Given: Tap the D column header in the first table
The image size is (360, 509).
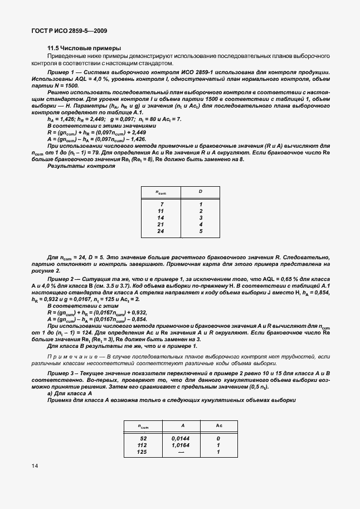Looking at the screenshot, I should click(201, 192).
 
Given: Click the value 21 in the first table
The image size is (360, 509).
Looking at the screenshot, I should click(161, 224).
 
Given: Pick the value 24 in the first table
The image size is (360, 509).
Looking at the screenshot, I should click(161, 230).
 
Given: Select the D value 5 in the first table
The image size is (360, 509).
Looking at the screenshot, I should click(201, 230).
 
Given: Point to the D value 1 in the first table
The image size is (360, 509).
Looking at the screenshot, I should click(201, 205).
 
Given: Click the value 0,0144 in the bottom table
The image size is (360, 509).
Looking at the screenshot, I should click(181, 439).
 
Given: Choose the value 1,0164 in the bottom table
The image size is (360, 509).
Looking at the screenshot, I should click(181, 445).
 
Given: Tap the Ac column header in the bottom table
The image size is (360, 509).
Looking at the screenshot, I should click(219, 426).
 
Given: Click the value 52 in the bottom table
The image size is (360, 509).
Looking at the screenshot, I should click(143, 439).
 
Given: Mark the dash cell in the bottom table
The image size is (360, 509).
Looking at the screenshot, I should click(182, 452).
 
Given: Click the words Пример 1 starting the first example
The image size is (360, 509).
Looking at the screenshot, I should click(62, 73).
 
